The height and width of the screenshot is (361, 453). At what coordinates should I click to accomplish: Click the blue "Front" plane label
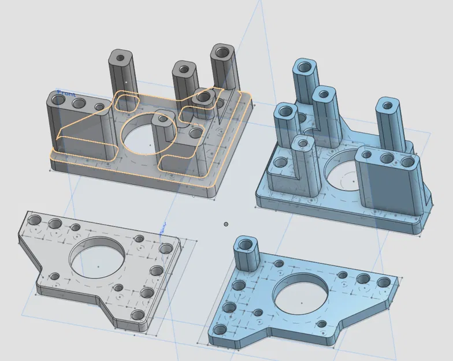(66, 93)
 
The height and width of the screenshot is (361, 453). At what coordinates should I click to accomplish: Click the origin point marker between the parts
(226, 224)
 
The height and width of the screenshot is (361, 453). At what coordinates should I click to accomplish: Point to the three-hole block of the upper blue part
(386, 179)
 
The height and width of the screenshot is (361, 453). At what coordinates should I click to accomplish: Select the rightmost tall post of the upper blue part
(390, 124)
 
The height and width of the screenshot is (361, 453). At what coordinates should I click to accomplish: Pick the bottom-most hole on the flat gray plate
(138, 316)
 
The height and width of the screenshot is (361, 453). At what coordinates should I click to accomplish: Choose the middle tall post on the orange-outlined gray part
(185, 81)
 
